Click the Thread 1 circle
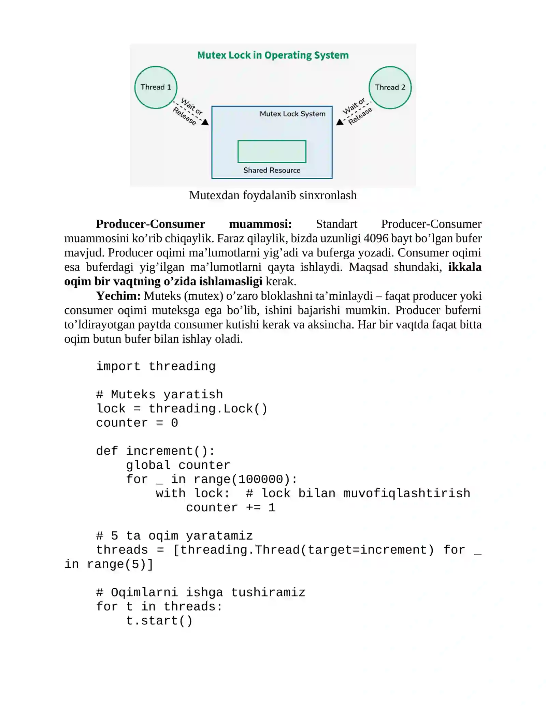(x=156, y=87)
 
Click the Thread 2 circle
(x=390, y=87)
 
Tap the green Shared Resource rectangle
(x=272, y=151)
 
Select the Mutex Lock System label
(x=293, y=114)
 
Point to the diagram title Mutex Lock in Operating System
(x=273, y=55)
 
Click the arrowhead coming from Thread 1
(x=205, y=122)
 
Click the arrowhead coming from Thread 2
(x=340, y=122)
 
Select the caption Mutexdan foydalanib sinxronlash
(x=273, y=195)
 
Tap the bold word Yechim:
(x=118, y=296)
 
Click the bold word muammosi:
(x=260, y=224)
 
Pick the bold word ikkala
(x=465, y=267)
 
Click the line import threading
(x=156, y=366)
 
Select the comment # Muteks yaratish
(x=160, y=395)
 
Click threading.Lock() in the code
(x=208, y=409)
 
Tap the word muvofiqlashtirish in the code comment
(x=407, y=493)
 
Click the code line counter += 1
(x=231, y=508)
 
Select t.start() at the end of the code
(x=159, y=621)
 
